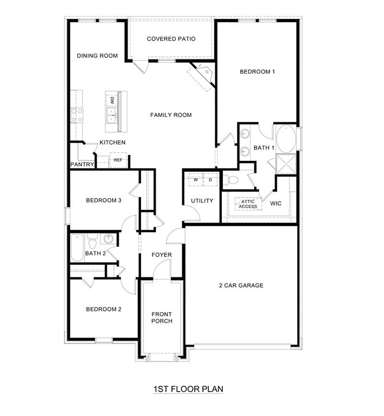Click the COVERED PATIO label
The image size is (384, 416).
(x=171, y=39)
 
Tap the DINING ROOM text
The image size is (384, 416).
(x=97, y=56)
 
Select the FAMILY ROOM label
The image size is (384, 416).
(x=171, y=115)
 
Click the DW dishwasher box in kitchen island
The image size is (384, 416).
(x=112, y=100)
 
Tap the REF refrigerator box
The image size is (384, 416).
(x=118, y=160)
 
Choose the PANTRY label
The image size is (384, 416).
(x=82, y=164)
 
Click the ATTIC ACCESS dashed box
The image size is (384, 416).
(x=248, y=204)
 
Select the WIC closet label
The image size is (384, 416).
(x=276, y=204)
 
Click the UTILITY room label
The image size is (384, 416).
(x=202, y=201)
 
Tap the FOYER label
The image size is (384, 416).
(x=161, y=255)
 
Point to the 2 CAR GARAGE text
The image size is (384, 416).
(x=241, y=285)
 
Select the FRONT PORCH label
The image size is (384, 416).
(x=162, y=317)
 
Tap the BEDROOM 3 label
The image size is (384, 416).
(x=103, y=201)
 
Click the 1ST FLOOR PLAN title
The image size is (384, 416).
(x=188, y=389)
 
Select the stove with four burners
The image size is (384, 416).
(x=76, y=115)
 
